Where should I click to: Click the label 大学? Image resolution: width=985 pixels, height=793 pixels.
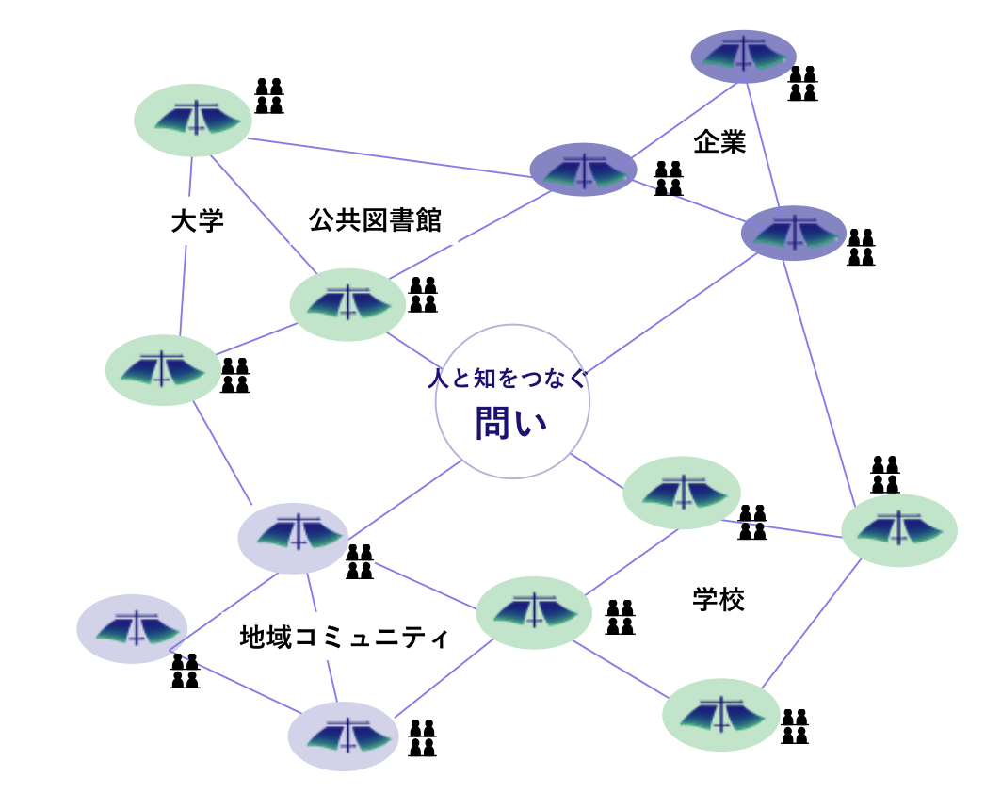point(198,222)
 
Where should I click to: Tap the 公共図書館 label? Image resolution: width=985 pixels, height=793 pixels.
point(375,220)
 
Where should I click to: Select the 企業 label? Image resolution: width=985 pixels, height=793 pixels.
point(719,142)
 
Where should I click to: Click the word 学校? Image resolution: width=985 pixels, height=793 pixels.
point(719,600)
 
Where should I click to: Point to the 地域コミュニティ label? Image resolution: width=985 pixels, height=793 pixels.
point(345,638)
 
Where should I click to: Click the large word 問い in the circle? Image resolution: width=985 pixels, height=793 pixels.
point(510,424)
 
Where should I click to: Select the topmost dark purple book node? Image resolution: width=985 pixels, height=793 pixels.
point(744,57)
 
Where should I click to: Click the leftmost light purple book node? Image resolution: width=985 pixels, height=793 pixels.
point(132,628)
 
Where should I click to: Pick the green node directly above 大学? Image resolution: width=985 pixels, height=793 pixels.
point(193,120)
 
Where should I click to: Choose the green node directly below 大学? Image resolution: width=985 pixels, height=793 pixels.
point(163,370)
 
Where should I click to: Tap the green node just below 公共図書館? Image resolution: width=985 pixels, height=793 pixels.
point(347,304)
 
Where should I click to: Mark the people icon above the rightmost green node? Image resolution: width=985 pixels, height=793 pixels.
point(885,474)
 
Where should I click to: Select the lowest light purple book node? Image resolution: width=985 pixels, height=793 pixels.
point(343,736)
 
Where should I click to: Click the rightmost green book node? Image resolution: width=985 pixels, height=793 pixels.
point(898,530)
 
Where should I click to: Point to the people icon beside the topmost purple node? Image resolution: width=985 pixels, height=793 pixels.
point(802,83)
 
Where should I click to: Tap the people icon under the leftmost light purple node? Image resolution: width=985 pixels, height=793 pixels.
point(185,671)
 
